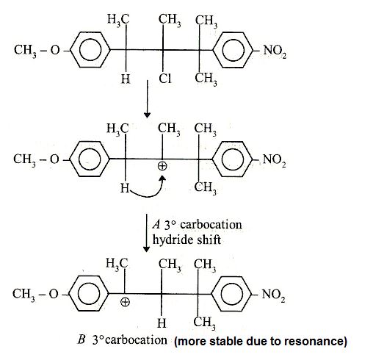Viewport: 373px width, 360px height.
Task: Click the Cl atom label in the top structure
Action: (165, 79)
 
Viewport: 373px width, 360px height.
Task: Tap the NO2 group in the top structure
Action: (275, 51)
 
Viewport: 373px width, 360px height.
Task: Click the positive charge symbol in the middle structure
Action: (162, 166)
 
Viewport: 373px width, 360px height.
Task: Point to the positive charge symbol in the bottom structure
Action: (125, 302)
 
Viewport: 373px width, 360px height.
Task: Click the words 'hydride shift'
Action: (186, 240)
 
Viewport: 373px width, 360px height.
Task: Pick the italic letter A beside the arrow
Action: (156, 224)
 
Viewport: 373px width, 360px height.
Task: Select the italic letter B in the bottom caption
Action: (82, 340)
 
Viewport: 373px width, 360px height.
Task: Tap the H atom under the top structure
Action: (126, 79)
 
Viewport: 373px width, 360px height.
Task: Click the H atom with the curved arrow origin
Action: (125, 188)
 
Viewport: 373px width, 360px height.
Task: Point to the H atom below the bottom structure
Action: (162, 323)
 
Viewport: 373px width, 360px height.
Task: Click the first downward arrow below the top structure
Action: (147, 99)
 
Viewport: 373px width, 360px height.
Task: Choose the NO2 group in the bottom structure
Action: (273, 295)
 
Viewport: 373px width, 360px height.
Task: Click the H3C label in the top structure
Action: (118, 19)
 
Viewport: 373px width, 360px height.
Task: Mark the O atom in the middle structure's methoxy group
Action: (54, 159)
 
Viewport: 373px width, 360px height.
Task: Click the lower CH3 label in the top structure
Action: (206, 79)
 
